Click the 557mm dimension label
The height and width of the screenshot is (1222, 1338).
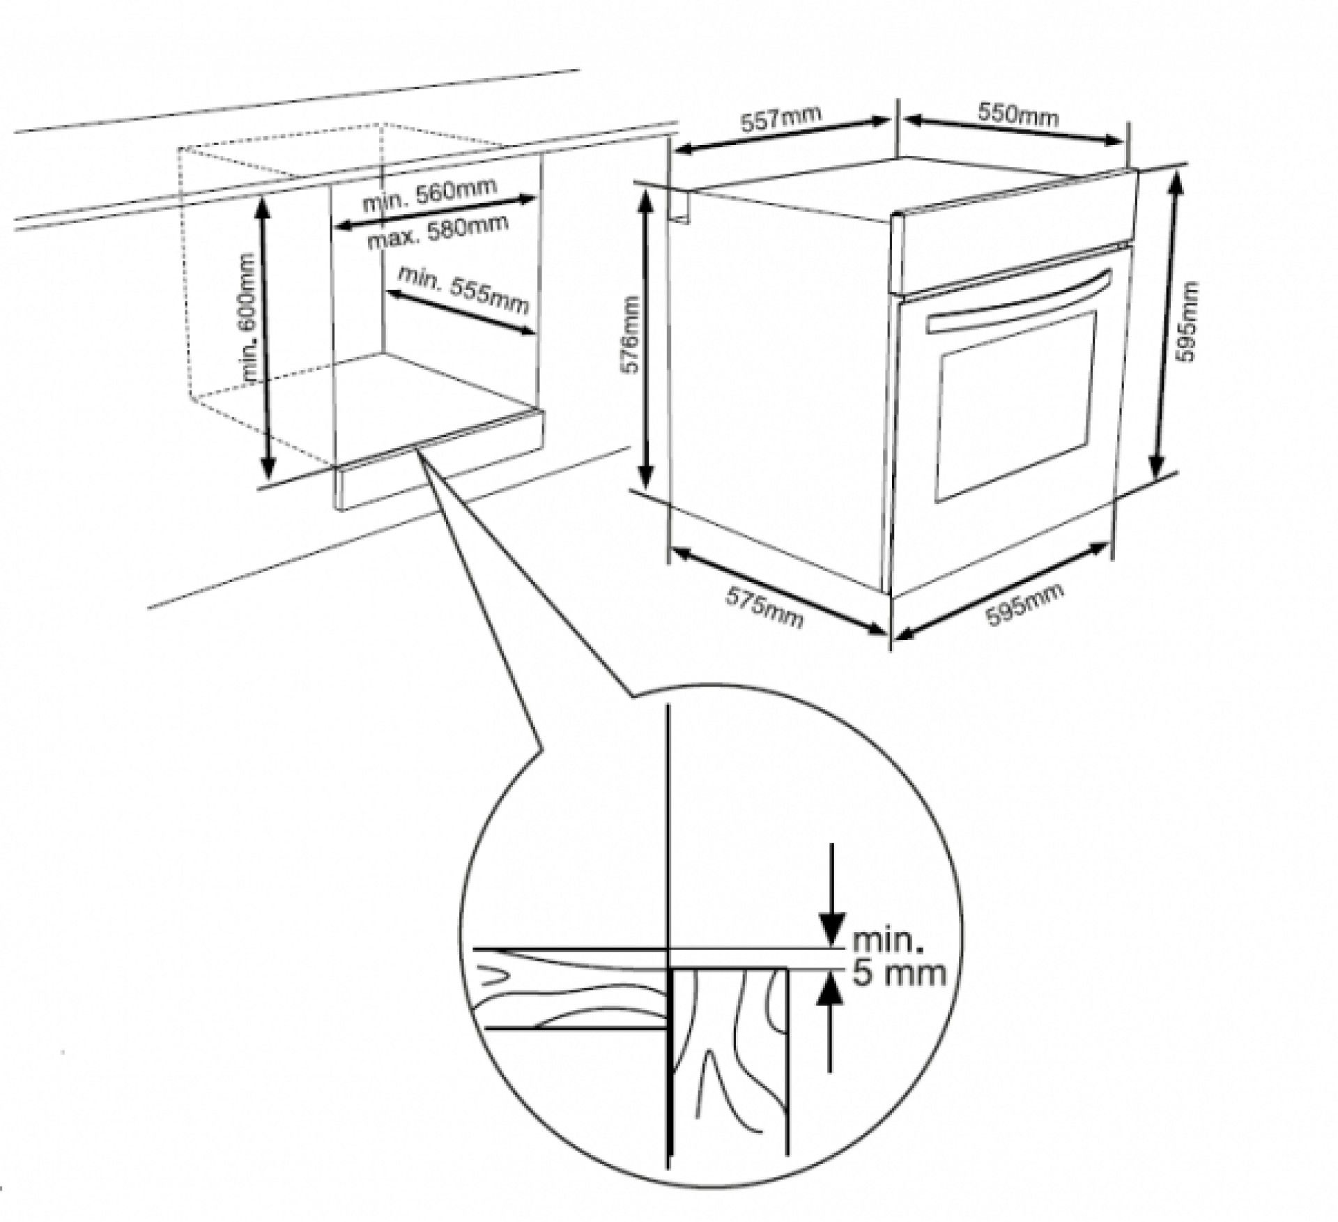(780, 119)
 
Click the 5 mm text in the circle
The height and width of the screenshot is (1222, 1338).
(899, 973)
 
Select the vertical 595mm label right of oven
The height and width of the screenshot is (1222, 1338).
(1185, 321)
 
